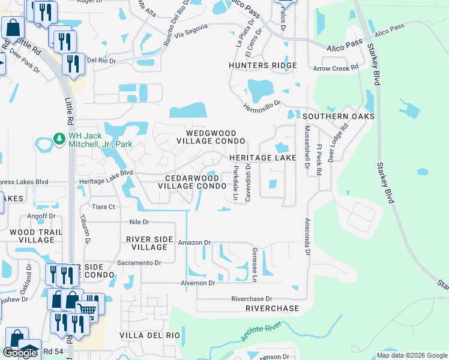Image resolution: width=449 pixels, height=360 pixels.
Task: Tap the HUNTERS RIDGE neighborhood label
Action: coord(262,65)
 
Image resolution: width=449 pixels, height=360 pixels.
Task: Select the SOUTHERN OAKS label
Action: coord(339,116)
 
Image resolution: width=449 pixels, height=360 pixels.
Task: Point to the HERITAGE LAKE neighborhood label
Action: coord(263,158)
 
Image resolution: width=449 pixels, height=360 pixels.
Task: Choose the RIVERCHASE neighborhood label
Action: coord(272,308)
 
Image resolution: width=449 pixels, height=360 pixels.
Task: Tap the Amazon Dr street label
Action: coord(194,243)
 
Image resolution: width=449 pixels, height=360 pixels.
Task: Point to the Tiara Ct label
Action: coord(103,206)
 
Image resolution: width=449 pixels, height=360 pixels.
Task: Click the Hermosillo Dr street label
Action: coord(261,106)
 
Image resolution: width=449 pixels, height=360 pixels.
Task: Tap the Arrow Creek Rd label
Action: coord(340,68)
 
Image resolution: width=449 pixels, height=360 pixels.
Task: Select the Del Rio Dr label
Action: coord(100,60)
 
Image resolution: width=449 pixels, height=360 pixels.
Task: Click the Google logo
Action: coord(20,353)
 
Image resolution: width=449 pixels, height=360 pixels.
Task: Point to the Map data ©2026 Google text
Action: coord(411,355)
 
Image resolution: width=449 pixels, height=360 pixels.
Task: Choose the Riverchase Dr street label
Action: coord(252,299)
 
